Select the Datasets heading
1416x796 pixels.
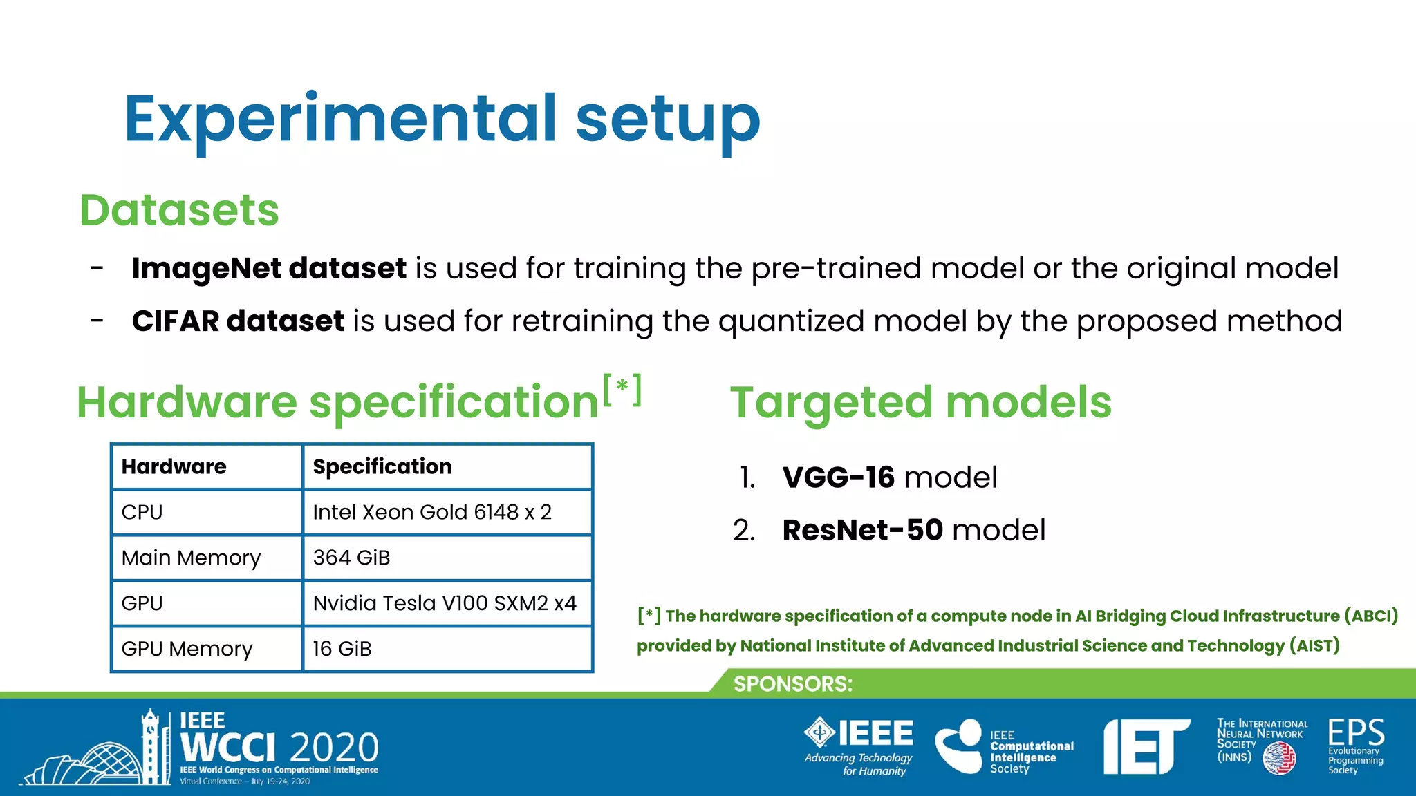179,210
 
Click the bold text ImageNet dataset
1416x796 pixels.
269,268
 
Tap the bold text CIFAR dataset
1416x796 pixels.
238,321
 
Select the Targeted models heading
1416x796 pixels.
920,402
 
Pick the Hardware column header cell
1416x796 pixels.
207,466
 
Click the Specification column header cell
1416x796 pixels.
447,466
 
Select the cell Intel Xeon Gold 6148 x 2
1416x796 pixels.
447,512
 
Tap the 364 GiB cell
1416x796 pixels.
447,558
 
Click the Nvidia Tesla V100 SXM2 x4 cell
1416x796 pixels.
447,603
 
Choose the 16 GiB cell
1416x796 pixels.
447,649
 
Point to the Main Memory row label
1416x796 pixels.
207,558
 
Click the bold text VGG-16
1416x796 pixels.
838,477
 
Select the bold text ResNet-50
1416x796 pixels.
862,531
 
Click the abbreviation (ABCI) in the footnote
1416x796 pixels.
1370,616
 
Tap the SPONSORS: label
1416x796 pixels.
792,684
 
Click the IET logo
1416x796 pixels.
1146,746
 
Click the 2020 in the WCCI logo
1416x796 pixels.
335,748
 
